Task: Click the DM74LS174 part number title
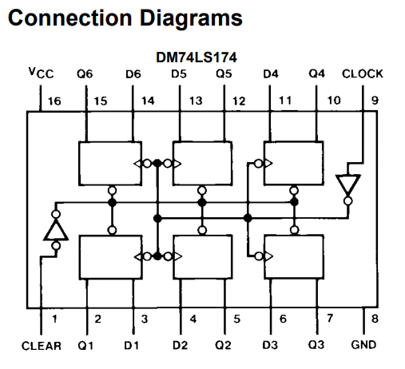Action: click(197, 58)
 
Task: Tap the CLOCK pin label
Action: click(363, 73)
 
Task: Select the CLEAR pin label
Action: click(42, 346)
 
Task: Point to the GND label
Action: click(363, 345)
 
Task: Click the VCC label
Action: click(42, 73)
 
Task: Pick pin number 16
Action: click(54, 101)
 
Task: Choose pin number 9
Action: click(375, 101)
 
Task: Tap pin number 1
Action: click(54, 319)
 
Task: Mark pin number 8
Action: click(375, 319)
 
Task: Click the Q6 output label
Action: click(85, 73)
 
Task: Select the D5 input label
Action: click(179, 73)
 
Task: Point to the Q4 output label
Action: click(317, 73)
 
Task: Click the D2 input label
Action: click(181, 345)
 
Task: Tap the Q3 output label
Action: click(316, 345)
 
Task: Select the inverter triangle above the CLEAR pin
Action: click(56, 230)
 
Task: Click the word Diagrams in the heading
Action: click(191, 18)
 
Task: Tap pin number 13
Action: click(196, 101)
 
